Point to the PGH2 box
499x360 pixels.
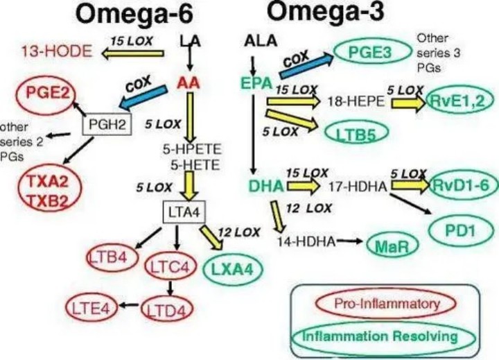(x=105, y=125)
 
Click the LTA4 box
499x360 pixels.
(x=182, y=211)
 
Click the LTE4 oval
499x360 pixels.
(x=91, y=307)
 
